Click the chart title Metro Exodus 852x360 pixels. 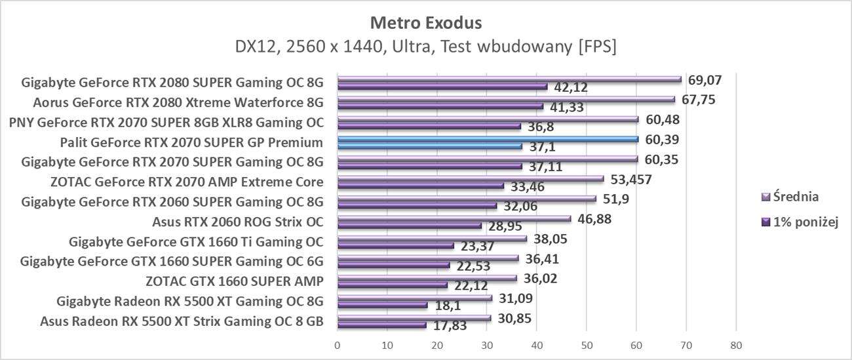(x=426, y=23)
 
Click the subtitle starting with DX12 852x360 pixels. (x=426, y=47)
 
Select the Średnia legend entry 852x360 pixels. (x=796, y=196)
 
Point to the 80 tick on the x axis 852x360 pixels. (x=736, y=345)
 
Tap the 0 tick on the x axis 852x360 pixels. (x=337, y=345)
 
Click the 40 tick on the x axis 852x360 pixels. (x=537, y=345)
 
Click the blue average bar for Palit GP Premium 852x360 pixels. (x=487, y=139)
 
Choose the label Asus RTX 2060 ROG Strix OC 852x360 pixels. (x=237, y=221)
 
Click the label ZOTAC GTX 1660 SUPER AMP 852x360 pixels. (x=234, y=282)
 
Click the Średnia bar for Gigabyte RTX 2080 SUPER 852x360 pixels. (x=509, y=79)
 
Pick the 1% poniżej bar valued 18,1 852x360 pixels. (x=381, y=305)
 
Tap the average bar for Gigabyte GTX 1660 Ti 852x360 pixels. (x=431, y=239)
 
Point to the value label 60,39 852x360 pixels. (x=661, y=140)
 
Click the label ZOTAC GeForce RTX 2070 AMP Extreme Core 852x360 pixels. (x=186, y=182)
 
